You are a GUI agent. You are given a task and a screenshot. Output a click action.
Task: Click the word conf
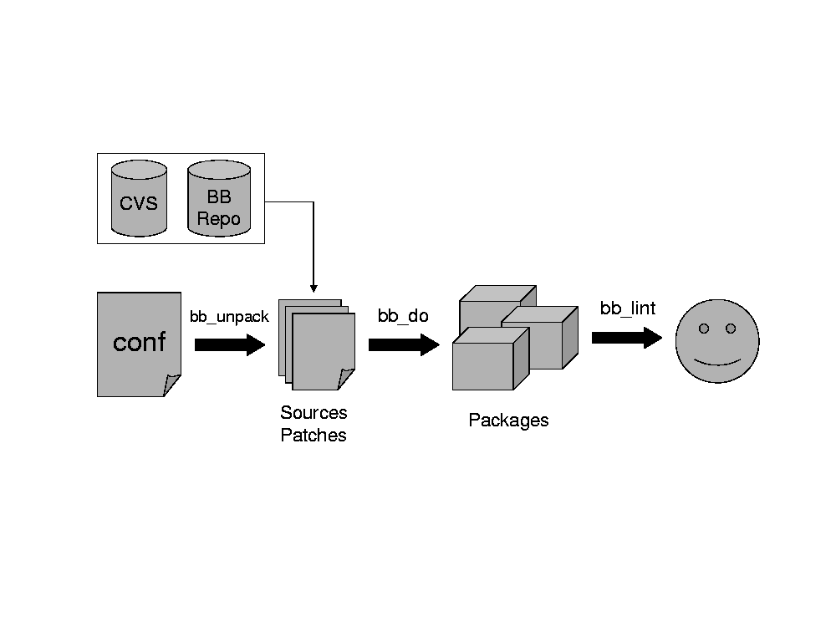[x=139, y=342]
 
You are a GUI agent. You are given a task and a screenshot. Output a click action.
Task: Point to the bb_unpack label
[x=229, y=317]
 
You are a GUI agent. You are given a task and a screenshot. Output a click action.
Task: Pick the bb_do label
[x=403, y=316]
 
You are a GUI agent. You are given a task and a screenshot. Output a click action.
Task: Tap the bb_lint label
[x=628, y=308]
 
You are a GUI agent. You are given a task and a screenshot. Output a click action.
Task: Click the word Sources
[x=313, y=413]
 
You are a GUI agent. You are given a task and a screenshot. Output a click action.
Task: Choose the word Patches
[x=313, y=436]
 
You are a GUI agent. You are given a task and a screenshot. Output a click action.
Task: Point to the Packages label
[x=508, y=421]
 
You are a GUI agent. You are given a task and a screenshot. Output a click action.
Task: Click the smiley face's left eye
[x=704, y=329]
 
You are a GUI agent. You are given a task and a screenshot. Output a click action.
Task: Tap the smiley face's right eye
[x=731, y=329]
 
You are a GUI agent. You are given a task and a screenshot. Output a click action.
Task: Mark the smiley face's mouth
[x=717, y=362]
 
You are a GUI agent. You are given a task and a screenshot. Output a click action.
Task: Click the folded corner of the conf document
[x=172, y=385]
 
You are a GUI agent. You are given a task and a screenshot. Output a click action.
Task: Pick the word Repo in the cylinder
[x=219, y=220]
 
